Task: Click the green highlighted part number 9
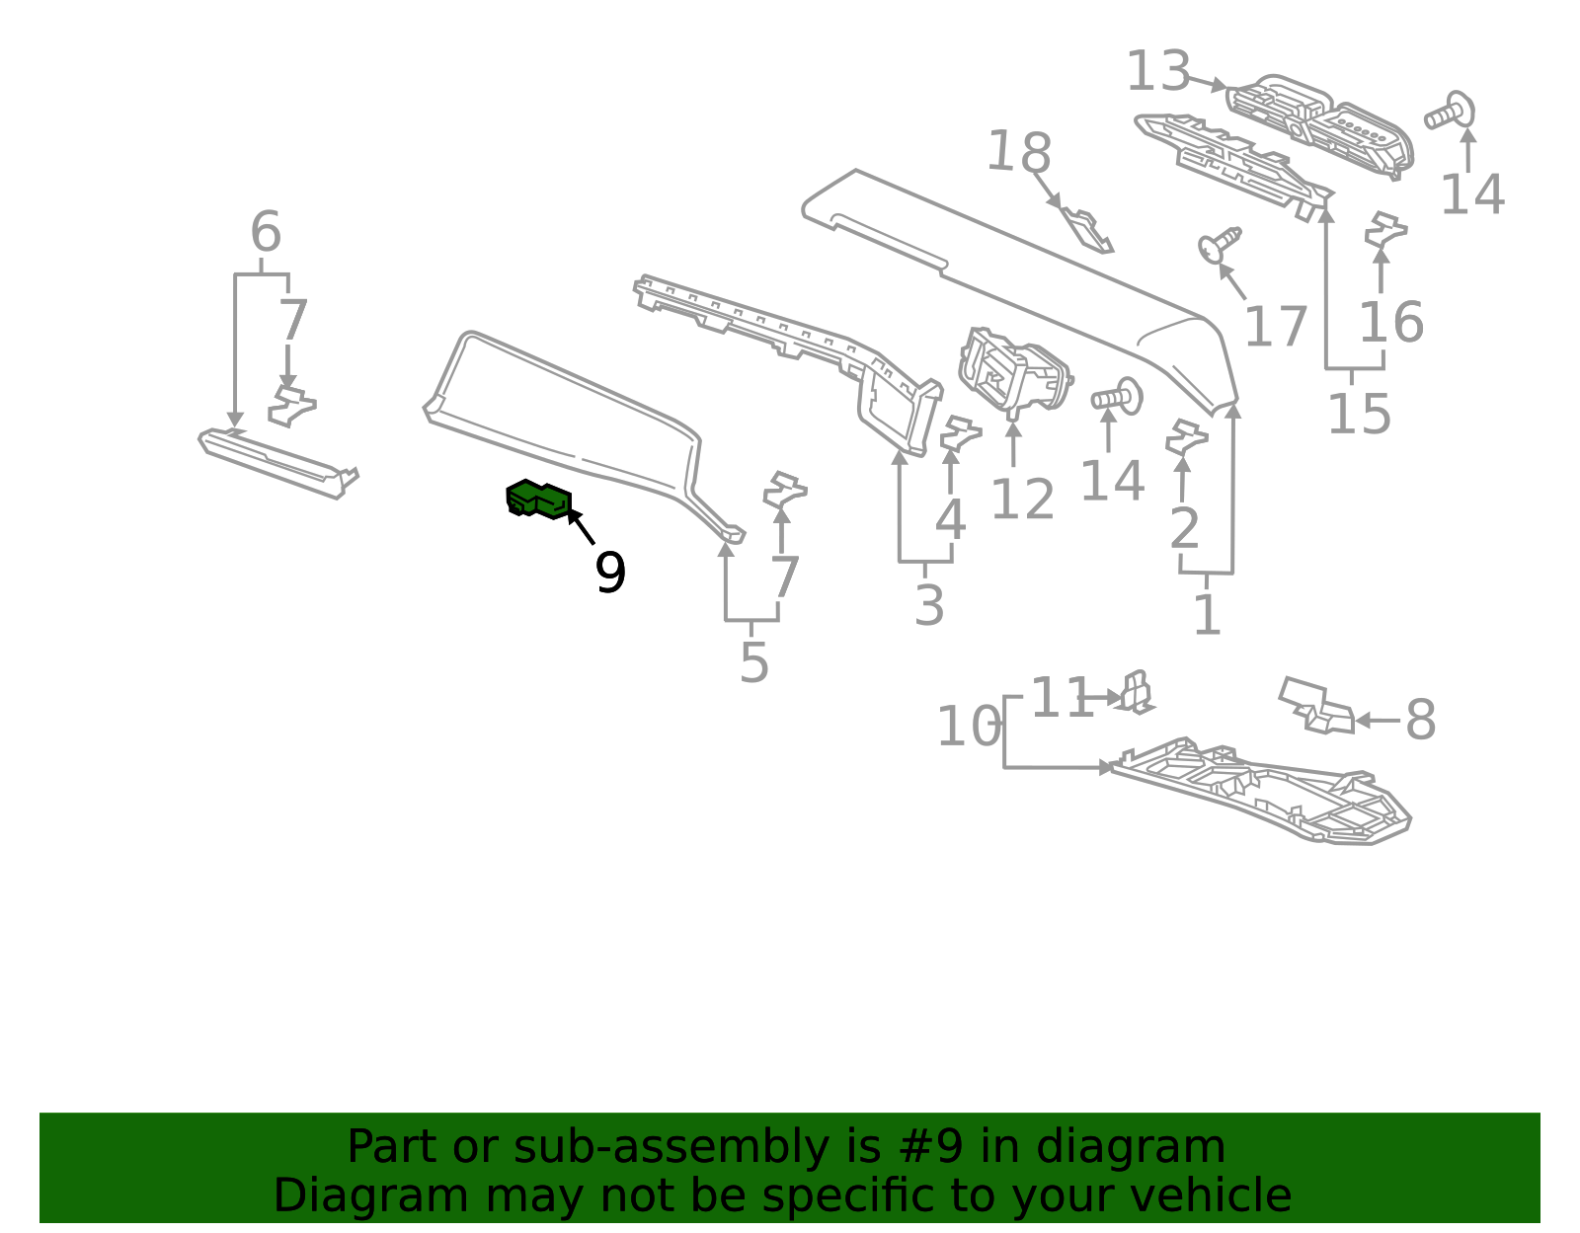pos(539,500)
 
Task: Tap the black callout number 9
pos(610,573)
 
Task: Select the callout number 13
pos(1158,71)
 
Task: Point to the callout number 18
pos(1019,153)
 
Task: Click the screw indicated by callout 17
pos(1220,244)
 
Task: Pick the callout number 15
pos(1359,415)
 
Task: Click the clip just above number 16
pos(1385,230)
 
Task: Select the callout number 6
pos(266,232)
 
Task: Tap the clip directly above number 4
pos(960,433)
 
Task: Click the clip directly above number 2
pos(1186,437)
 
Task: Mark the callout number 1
pos(1207,615)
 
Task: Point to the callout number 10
pos(969,726)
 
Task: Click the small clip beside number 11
pos(1136,691)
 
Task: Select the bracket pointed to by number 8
pos(1316,706)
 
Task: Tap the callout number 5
pos(754,662)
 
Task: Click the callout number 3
pos(929,605)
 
